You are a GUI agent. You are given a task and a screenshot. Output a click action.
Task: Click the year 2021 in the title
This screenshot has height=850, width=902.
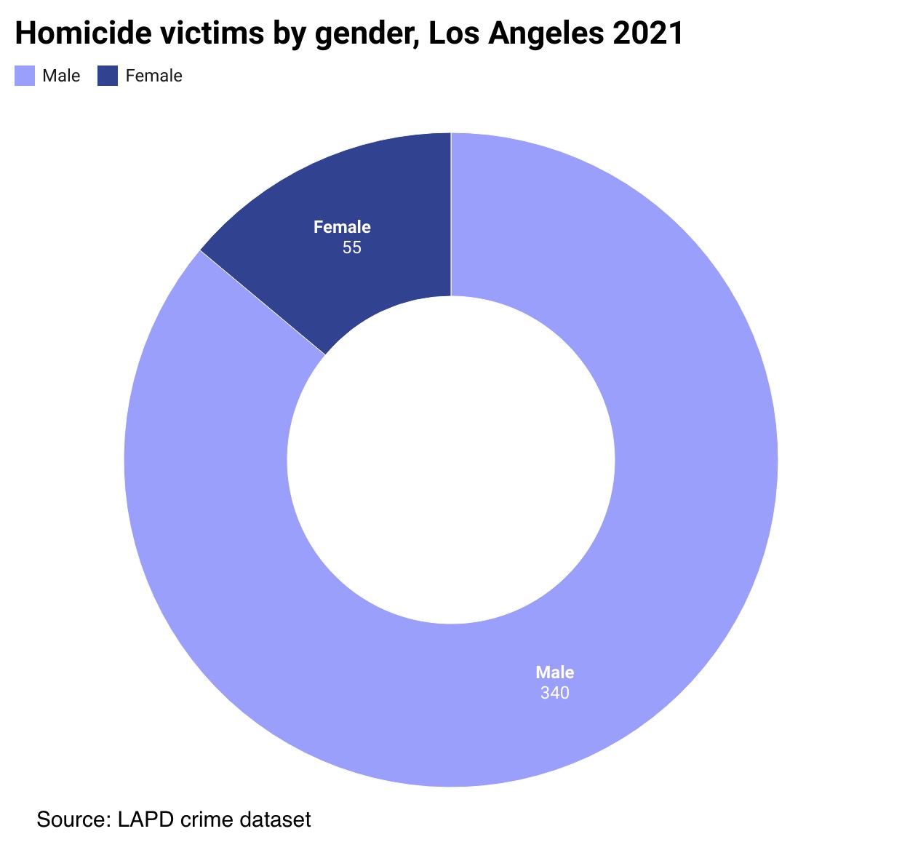tap(648, 33)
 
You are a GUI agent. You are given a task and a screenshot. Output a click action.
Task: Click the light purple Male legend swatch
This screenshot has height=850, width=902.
tap(25, 76)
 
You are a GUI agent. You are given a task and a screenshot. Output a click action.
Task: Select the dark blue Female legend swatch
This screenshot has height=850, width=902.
tap(108, 76)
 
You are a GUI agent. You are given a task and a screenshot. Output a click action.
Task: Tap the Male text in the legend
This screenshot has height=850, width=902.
tap(61, 76)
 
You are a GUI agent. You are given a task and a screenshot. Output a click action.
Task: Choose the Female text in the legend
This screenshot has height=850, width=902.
tap(153, 76)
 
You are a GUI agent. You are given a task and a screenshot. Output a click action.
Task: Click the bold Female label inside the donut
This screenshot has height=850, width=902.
tap(342, 227)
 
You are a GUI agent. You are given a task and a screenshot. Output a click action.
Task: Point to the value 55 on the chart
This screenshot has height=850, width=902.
tap(351, 248)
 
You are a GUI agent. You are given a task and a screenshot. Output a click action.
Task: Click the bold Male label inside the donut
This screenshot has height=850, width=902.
tap(555, 672)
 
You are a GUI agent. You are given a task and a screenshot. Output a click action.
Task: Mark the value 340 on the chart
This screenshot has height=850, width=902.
tap(554, 693)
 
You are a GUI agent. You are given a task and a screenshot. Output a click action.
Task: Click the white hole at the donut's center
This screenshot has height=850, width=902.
tap(451, 460)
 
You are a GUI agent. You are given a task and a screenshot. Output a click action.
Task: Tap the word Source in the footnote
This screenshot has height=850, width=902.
tap(70, 819)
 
